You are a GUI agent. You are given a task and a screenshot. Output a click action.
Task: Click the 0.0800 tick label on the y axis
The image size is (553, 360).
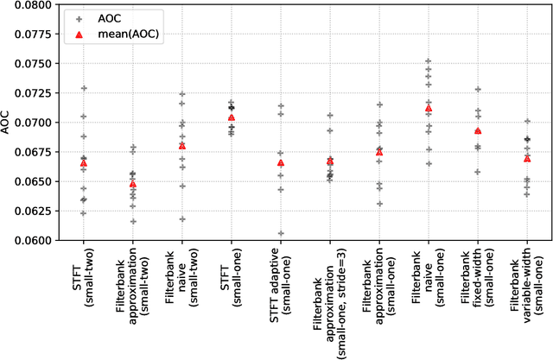point(27,5)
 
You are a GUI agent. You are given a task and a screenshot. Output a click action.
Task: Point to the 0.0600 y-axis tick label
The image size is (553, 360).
point(27,240)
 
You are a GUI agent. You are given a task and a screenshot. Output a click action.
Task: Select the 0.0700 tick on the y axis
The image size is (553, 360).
point(27,123)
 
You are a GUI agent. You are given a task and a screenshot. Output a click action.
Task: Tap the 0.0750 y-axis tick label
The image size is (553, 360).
point(27,64)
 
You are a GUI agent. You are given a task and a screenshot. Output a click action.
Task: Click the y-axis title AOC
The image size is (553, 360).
point(6,123)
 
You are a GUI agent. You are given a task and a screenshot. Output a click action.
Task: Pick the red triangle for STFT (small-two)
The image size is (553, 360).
point(84,163)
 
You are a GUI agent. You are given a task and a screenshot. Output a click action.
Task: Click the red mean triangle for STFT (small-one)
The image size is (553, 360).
point(231,117)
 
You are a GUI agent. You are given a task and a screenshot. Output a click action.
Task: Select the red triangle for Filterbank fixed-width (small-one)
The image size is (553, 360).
point(477,131)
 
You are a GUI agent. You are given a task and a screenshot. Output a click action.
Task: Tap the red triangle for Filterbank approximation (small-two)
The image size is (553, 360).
point(133,184)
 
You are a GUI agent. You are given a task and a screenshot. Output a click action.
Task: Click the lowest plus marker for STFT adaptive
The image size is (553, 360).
point(280,233)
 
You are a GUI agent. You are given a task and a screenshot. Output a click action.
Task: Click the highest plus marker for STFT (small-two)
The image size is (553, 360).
point(84,88)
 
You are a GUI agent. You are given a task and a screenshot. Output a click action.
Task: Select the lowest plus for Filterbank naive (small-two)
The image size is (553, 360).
point(182,219)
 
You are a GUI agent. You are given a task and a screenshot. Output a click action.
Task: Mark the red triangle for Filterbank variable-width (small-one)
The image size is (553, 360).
point(526,159)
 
